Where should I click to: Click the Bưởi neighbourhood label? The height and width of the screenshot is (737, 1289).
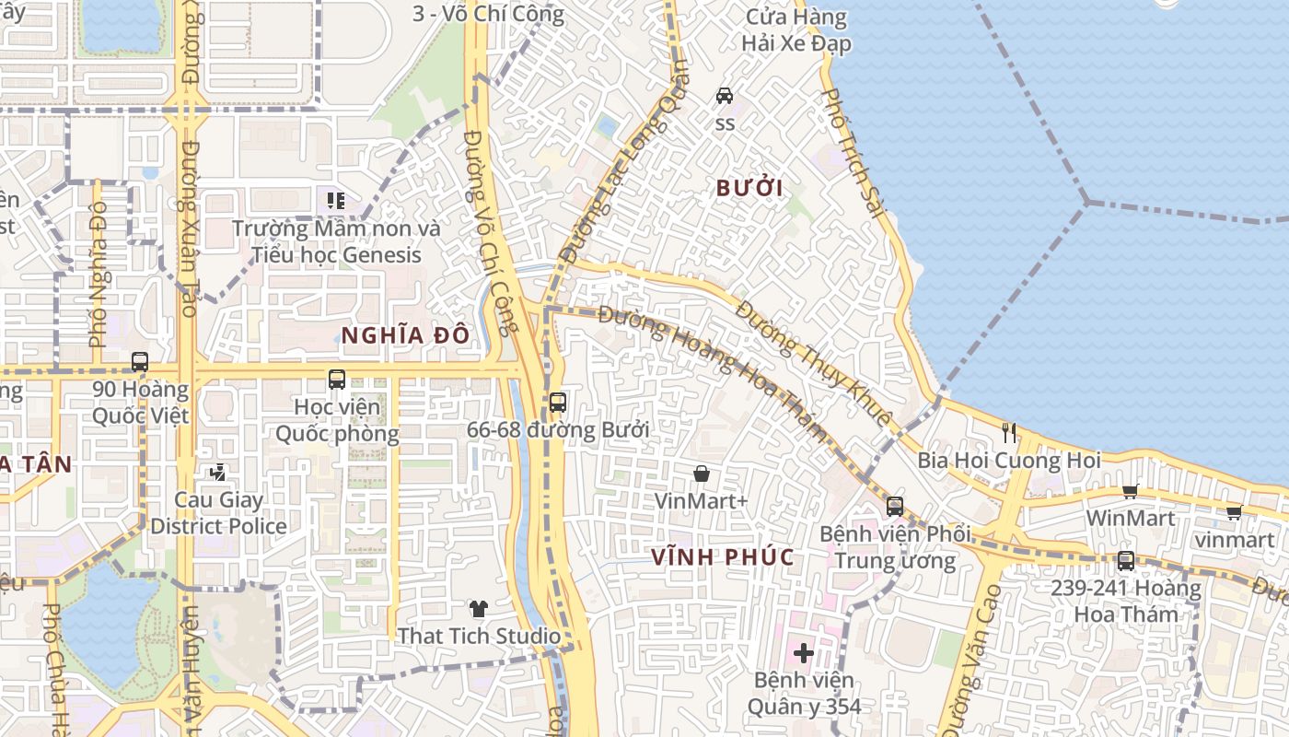pos(749,189)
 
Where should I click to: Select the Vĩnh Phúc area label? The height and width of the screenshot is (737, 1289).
pos(722,557)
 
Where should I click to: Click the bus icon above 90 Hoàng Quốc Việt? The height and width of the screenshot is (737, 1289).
pos(140,362)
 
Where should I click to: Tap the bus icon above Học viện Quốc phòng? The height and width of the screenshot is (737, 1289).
pos(337,379)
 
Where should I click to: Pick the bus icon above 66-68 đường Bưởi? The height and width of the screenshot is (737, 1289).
pos(558,403)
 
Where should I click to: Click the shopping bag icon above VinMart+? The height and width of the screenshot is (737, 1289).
pos(702,474)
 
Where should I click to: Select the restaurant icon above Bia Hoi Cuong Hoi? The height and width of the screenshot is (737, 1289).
pos(1009,432)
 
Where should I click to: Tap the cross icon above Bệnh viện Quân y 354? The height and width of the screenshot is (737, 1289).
pos(804,653)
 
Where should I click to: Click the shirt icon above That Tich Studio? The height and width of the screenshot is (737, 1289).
pos(479,608)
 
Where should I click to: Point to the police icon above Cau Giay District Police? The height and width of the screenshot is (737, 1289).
pos(218,473)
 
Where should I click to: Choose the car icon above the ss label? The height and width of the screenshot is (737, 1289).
pos(725,95)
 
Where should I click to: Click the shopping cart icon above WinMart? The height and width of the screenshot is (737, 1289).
pos(1130,491)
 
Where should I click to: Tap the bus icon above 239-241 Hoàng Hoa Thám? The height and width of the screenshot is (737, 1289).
pos(1125,560)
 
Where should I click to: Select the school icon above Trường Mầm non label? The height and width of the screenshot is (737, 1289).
pos(336,200)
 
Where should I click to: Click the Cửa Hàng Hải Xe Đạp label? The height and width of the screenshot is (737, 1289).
pos(796,29)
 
